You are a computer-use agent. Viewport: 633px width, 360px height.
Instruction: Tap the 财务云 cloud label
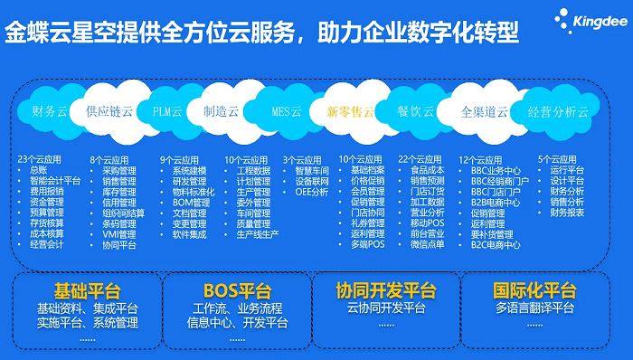pyautogui.click(x=50, y=112)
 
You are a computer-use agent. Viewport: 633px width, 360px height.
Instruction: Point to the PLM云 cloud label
pyautogui.click(x=167, y=112)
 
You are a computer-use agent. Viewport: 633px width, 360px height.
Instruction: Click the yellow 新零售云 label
pyautogui.click(x=349, y=112)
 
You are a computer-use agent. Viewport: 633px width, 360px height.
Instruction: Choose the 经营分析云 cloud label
pyautogui.click(x=557, y=112)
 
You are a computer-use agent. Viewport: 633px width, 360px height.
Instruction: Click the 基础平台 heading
pyautogui.click(x=87, y=290)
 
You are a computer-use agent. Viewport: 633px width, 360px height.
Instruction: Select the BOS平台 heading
pyautogui.click(x=238, y=290)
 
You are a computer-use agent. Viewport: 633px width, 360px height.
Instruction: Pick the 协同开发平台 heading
pyautogui.click(x=386, y=290)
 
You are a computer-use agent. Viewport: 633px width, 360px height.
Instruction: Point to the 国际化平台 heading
pyautogui.click(x=534, y=290)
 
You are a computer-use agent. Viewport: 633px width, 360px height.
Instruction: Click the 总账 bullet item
pyautogui.click(x=37, y=170)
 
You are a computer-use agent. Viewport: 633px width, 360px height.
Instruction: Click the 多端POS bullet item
pyautogui.click(x=369, y=244)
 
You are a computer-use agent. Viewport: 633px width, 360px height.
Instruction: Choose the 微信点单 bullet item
pyautogui.click(x=427, y=244)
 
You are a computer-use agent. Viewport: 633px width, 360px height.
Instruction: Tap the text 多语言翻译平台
pyautogui.click(x=534, y=308)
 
